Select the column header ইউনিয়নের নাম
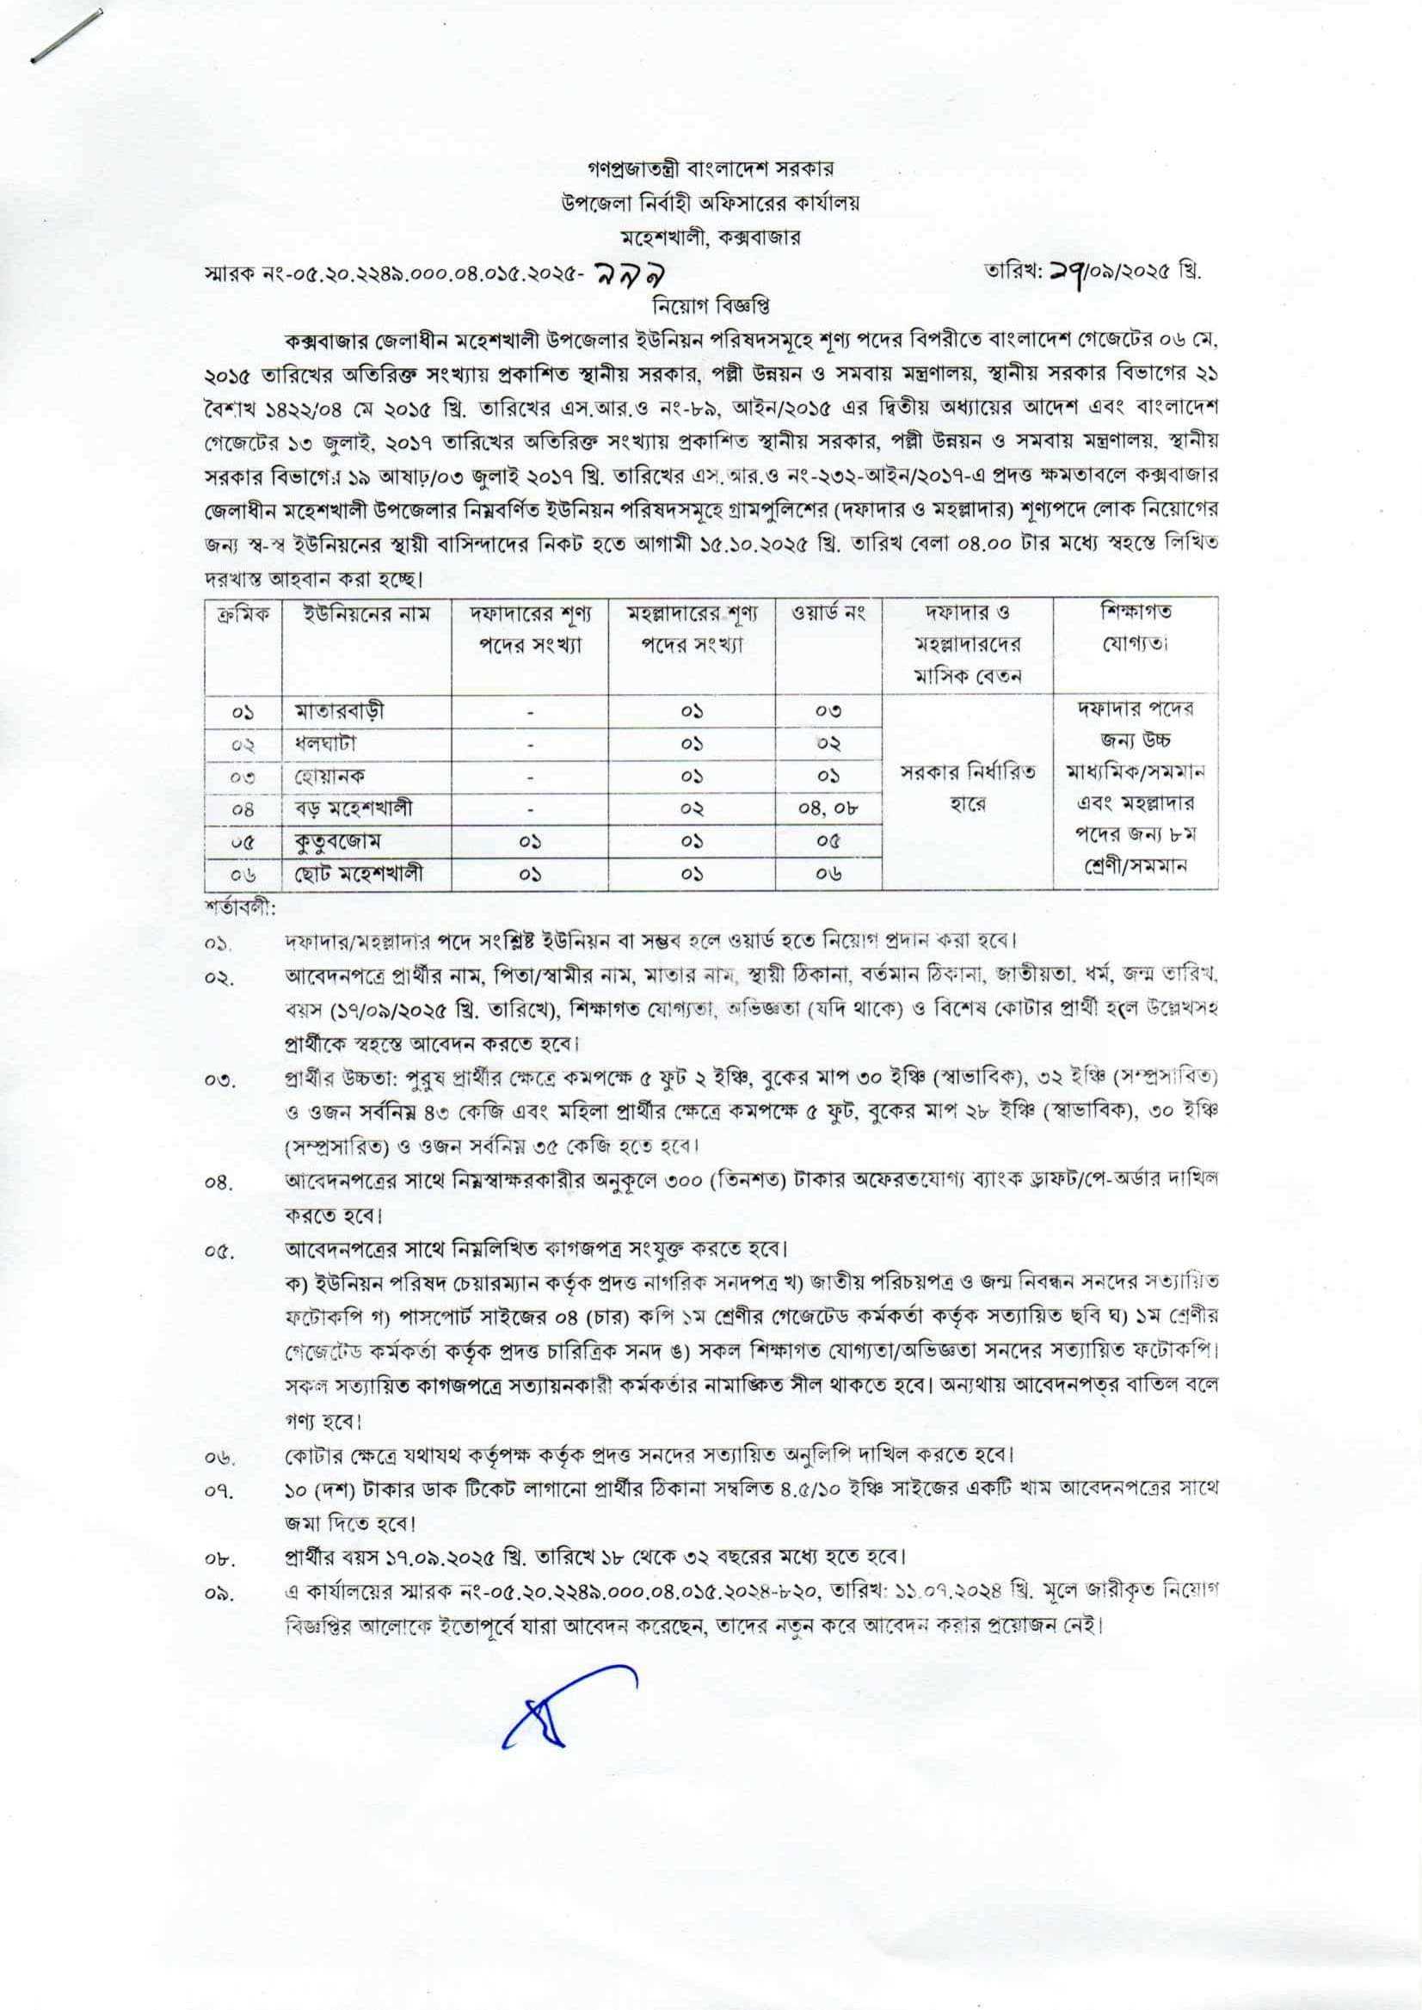click(x=364, y=615)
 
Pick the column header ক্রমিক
click(x=243, y=615)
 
